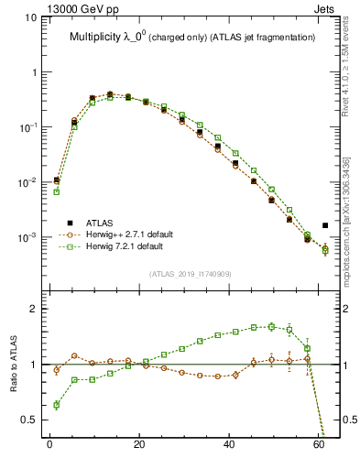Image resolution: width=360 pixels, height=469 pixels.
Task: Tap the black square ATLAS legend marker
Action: click(x=70, y=223)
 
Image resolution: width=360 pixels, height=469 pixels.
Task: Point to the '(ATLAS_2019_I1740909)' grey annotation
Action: click(x=191, y=274)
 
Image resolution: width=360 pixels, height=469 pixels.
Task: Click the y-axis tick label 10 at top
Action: click(x=30, y=17)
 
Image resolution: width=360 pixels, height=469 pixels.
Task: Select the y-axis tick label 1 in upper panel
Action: click(x=34, y=72)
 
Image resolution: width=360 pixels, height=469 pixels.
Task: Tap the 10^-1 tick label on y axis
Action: click(x=28, y=127)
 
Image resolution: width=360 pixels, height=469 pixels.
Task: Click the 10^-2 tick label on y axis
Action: click(x=28, y=182)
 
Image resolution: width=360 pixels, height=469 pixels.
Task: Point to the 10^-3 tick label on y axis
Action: click(x=28, y=237)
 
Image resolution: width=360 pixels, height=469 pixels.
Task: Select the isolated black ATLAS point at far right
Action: click(x=325, y=225)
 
